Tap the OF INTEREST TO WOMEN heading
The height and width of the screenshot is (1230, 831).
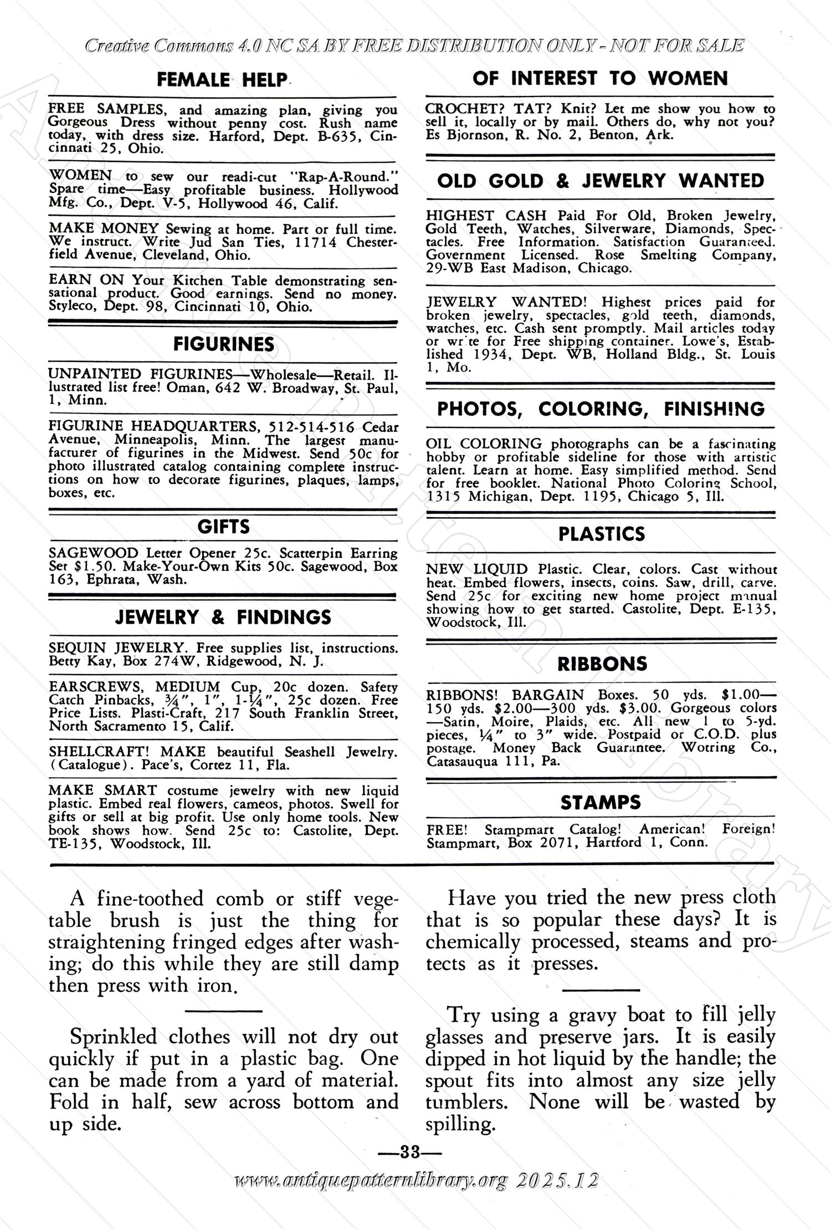point(600,78)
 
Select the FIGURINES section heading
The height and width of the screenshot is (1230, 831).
point(223,344)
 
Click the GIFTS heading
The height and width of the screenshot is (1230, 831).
point(223,527)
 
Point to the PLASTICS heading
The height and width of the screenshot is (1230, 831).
point(602,534)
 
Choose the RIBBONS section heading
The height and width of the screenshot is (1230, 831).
point(602,664)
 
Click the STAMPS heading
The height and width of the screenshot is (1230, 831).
point(601,803)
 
